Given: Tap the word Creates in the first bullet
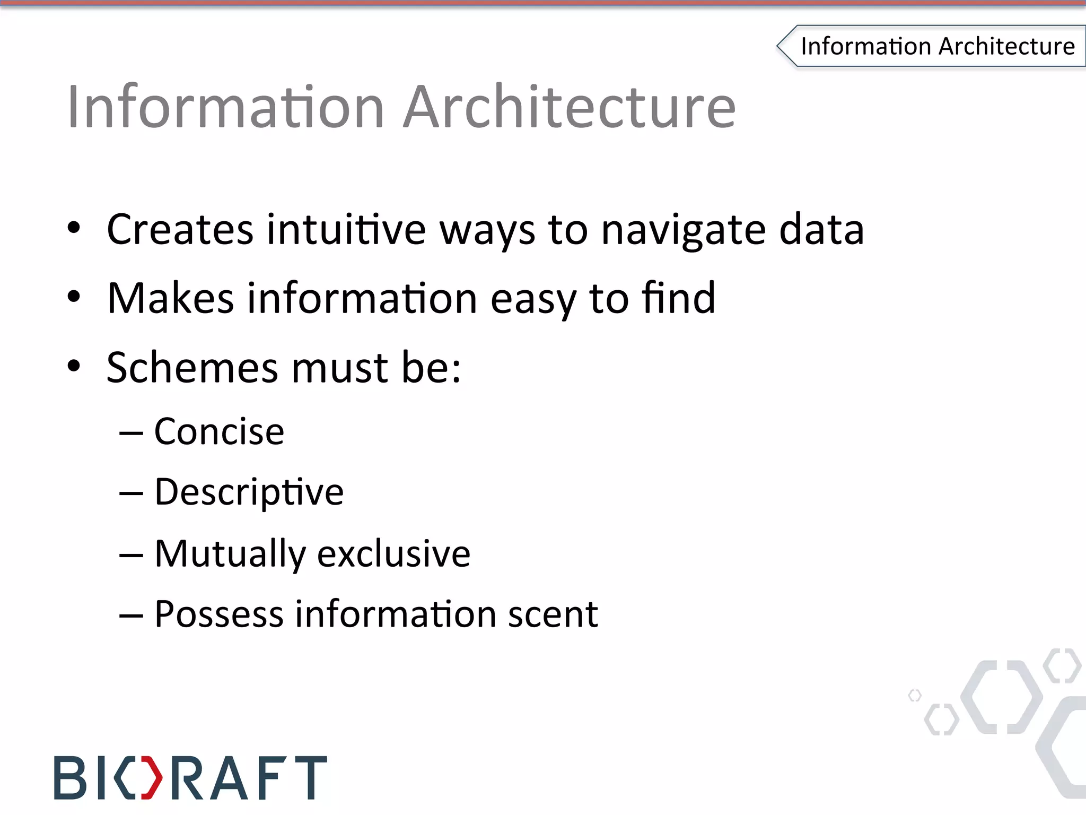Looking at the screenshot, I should [x=180, y=229].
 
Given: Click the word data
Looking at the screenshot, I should [x=821, y=229].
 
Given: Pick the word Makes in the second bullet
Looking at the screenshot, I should [x=170, y=298].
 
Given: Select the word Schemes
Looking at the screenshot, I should [x=192, y=367].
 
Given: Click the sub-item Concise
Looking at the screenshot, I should [x=219, y=431].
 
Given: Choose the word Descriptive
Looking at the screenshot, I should [x=249, y=492].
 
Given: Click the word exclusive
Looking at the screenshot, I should [x=393, y=554].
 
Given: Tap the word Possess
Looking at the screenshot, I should [x=218, y=614].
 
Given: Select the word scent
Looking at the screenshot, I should [x=553, y=614].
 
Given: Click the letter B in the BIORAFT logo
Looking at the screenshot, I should [x=70, y=778].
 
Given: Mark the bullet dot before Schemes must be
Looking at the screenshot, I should [x=74, y=366].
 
